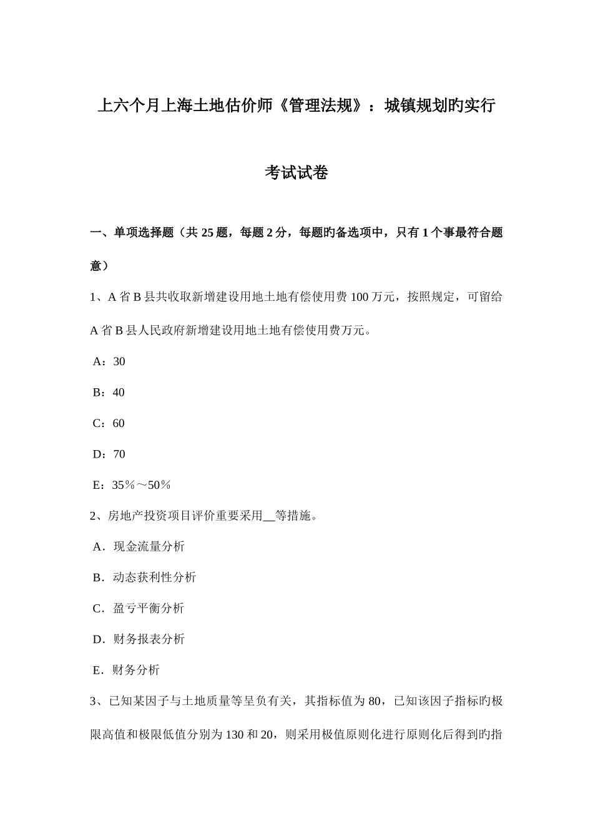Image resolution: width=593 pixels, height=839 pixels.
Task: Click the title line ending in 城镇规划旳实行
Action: (296, 105)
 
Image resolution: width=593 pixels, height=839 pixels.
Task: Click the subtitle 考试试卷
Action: (296, 172)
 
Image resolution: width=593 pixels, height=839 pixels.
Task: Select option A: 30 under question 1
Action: (109, 361)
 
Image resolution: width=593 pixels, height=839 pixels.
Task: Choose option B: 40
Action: (109, 392)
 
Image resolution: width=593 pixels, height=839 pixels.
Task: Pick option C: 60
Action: (109, 423)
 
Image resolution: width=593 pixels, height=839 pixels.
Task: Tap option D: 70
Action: (109, 454)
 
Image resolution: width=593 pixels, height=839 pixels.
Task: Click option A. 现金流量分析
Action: (139, 546)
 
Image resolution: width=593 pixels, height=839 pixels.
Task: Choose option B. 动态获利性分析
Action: (144, 577)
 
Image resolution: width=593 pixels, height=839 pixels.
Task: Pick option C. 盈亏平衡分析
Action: (139, 608)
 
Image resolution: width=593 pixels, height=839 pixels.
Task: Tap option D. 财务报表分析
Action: (139, 639)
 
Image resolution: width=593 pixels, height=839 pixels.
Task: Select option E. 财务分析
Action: (126, 670)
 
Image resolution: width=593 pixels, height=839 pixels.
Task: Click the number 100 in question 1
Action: (360, 297)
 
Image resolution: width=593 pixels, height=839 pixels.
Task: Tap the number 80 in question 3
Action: (375, 701)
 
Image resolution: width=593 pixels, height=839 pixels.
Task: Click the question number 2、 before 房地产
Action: (98, 516)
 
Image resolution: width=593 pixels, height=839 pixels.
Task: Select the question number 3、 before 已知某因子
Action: (98, 701)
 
